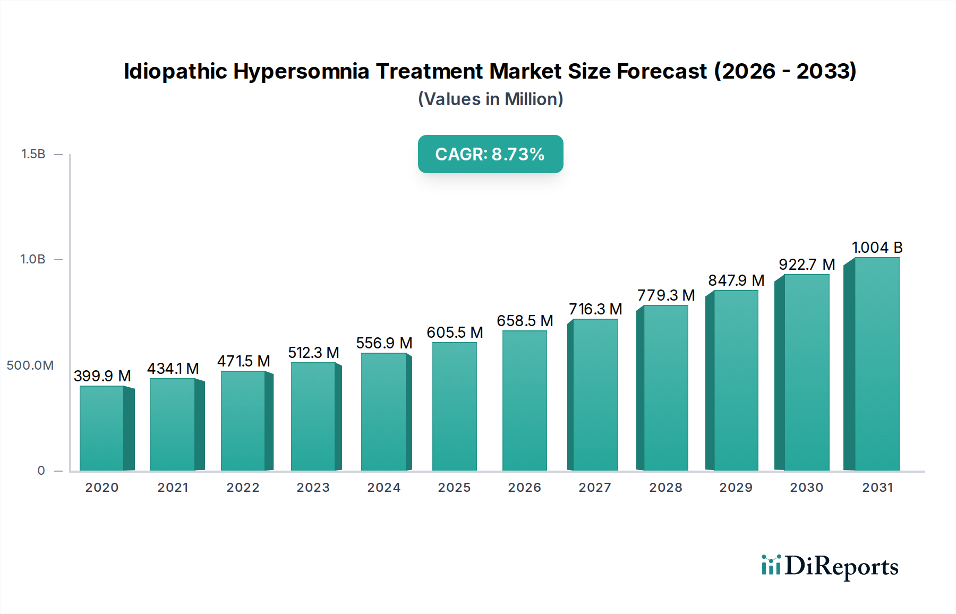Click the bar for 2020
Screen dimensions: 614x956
(x=102, y=428)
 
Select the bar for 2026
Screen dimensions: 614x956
(x=525, y=400)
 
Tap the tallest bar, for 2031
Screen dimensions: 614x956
(x=876, y=364)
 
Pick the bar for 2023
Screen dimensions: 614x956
(x=313, y=416)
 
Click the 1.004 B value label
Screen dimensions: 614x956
(x=877, y=248)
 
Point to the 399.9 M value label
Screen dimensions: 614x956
(x=103, y=376)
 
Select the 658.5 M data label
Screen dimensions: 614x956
(x=525, y=321)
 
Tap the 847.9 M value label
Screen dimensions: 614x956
(x=736, y=280)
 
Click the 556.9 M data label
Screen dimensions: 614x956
(x=384, y=343)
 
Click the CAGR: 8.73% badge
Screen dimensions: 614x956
(x=490, y=154)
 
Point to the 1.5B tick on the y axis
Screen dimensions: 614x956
(x=33, y=154)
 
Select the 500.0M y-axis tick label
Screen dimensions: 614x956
(x=30, y=365)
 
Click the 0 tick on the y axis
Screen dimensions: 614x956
(x=41, y=471)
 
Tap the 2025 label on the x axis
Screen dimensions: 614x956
(x=454, y=488)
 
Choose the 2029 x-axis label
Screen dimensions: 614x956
(x=736, y=488)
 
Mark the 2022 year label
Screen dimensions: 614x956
(x=243, y=488)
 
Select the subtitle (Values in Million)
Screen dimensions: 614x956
(x=490, y=99)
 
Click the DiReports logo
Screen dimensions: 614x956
(x=830, y=566)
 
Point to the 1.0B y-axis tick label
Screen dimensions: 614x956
(x=33, y=259)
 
